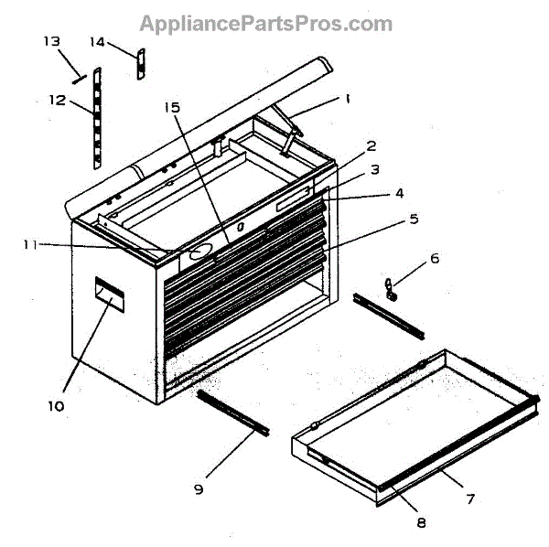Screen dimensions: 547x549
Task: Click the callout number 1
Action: (x=349, y=98)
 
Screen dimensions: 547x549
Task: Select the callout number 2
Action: (x=371, y=145)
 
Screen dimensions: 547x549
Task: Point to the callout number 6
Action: (x=435, y=258)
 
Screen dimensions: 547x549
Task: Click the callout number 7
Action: (x=470, y=499)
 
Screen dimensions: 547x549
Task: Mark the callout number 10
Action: (x=57, y=405)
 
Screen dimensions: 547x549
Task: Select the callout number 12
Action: (x=57, y=100)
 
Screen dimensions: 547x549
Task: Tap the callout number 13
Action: (x=52, y=41)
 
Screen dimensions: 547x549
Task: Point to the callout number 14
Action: (x=98, y=41)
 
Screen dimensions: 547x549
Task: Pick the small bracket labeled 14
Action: (x=141, y=65)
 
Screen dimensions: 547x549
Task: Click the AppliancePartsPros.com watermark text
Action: (x=265, y=24)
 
